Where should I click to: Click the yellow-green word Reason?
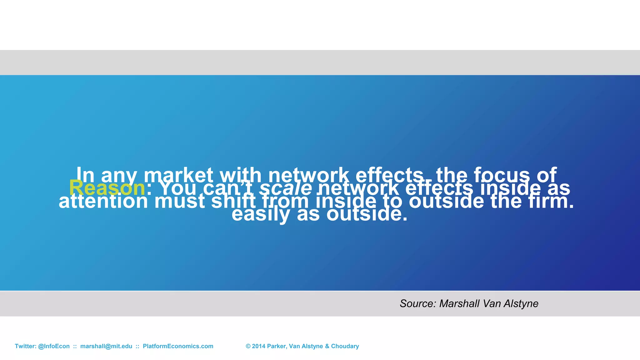tap(107, 188)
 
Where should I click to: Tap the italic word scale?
tap(286, 188)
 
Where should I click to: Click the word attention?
tap(103, 202)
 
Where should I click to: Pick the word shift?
tap(233, 202)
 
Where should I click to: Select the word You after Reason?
tap(178, 188)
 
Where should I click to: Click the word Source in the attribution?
tap(417, 303)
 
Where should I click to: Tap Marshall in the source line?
tap(459, 303)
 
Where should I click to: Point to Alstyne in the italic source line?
tap(521, 303)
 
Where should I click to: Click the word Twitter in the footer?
tap(25, 346)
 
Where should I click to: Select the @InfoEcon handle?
tap(54, 346)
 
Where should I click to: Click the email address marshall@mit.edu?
tap(106, 346)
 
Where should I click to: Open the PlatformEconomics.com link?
tap(178, 346)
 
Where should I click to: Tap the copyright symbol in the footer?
tap(248, 346)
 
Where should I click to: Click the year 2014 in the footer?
tap(258, 346)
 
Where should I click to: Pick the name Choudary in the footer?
tap(345, 346)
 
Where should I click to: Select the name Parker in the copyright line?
tap(277, 346)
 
